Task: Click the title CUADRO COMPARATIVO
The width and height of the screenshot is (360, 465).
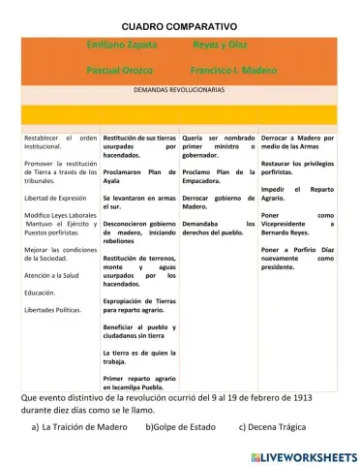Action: [179, 25]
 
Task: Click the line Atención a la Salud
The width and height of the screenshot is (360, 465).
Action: [55, 275]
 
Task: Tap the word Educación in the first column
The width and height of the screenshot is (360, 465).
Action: [40, 292]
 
